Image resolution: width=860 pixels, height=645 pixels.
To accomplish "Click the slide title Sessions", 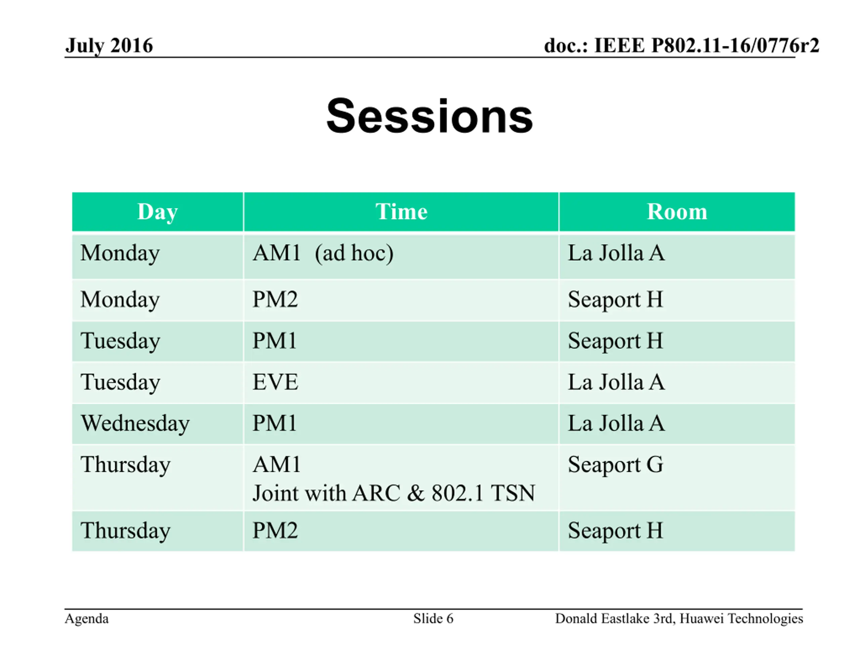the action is [430, 116].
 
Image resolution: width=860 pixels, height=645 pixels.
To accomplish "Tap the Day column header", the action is [158, 212].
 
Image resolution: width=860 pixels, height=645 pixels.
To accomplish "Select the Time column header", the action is [401, 212].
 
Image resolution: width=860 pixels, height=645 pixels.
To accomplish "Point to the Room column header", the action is [677, 212].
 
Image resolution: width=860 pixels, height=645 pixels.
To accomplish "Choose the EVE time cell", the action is [401, 383].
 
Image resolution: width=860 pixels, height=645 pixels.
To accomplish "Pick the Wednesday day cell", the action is [158, 424].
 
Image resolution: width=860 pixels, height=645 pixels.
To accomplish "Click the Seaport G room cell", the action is [677, 477].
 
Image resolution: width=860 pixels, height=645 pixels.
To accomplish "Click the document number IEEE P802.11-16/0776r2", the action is [706, 45].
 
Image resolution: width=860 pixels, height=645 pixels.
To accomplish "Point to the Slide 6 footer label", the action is [433, 618].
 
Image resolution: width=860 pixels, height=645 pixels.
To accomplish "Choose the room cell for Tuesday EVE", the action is [677, 383].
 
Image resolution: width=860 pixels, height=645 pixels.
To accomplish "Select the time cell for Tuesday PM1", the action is [401, 341].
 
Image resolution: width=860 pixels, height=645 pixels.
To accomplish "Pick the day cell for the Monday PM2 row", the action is [158, 300].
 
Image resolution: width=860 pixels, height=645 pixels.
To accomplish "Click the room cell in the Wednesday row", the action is [677, 424].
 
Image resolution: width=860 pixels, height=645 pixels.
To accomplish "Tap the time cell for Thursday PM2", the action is [401, 531].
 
